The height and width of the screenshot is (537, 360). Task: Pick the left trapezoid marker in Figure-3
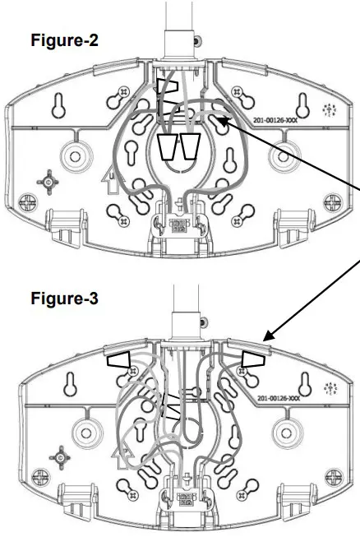pyautogui.click(x=119, y=359)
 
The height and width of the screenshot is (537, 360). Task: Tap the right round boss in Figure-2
pyautogui.click(x=286, y=154)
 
